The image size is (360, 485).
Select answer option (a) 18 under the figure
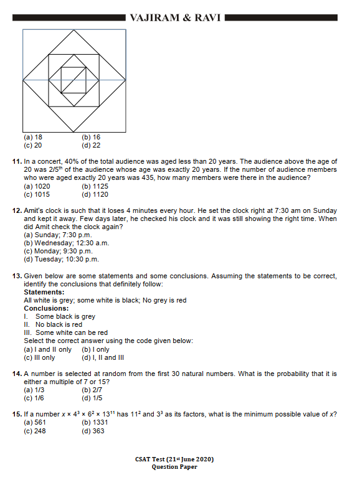pos(33,137)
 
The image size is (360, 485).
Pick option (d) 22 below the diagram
pos(91,145)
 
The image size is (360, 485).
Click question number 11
pos(17,161)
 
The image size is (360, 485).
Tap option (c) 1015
pos(37,194)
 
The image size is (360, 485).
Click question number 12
pos(17,211)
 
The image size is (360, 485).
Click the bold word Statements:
pos(44,292)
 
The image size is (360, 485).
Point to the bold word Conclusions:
pos(46,308)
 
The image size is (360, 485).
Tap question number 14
pos(17,374)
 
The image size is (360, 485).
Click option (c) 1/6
pos(34,398)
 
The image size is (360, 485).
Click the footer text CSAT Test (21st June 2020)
pos(174,459)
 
